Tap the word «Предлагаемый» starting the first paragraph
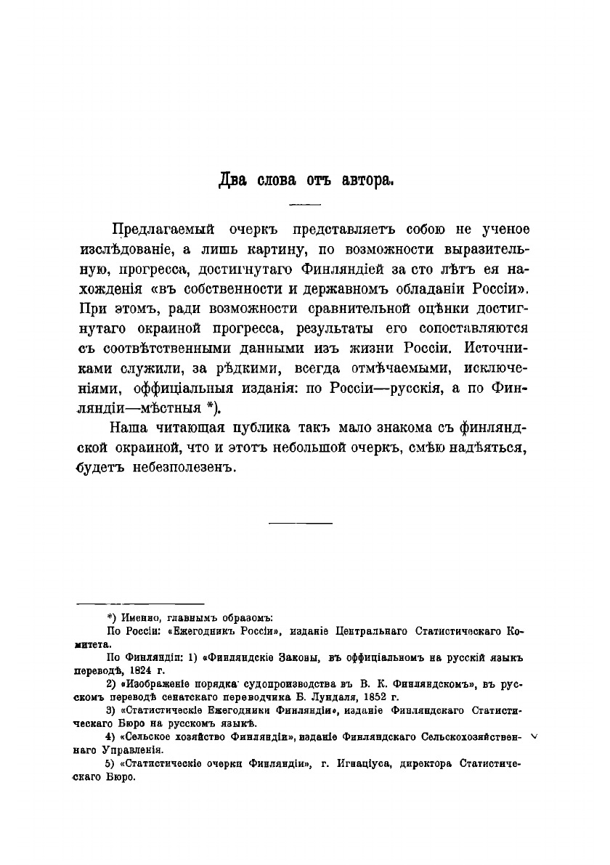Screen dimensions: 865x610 (164, 230)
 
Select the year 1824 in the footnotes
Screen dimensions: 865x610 (133, 671)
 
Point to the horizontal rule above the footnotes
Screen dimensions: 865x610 (140, 603)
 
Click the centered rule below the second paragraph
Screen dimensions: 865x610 (301, 522)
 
